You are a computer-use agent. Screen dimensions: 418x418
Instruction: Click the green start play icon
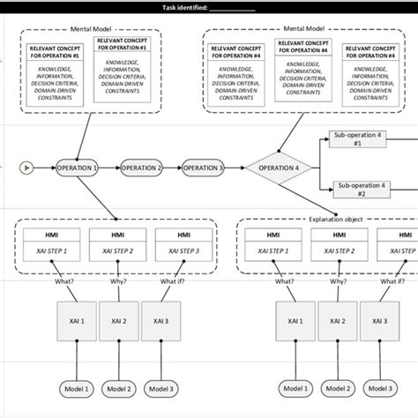28,167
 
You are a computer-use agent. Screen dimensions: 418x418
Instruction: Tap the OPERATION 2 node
141,167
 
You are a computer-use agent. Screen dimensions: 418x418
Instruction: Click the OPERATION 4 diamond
279,167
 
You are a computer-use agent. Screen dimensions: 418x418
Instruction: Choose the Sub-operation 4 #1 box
357,139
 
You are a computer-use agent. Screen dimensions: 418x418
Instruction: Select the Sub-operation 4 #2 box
357,188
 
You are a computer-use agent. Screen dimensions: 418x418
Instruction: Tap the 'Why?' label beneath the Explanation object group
333,282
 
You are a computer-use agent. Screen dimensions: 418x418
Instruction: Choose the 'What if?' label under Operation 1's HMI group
160,282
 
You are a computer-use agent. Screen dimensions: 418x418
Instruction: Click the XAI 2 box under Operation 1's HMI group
117,321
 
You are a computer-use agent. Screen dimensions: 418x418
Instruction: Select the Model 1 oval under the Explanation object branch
295,388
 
